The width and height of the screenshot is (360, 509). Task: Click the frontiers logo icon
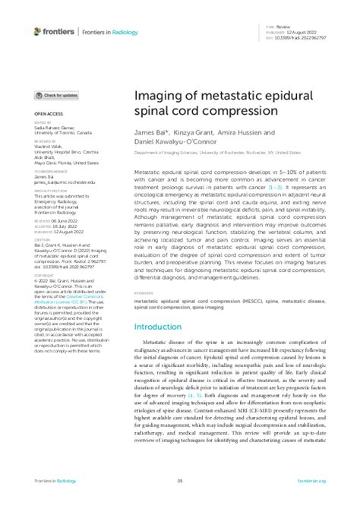pos(39,31)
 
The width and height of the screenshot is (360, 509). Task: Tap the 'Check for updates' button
pos(57,96)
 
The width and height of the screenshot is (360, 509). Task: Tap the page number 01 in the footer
pos(180,481)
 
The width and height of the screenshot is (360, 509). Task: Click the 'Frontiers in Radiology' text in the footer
pos(58,481)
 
